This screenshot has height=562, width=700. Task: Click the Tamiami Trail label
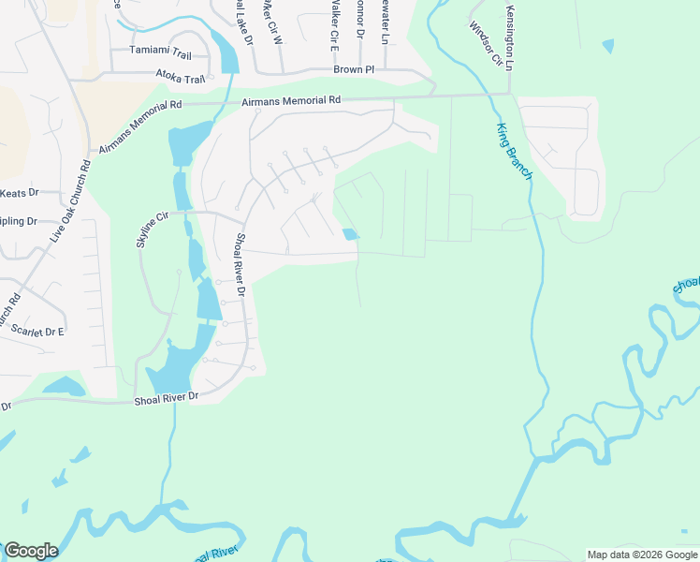click(x=160, y=55)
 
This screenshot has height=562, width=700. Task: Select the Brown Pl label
click(x=354, y=70)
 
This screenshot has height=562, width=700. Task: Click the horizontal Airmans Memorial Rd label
click(x=291, y=100)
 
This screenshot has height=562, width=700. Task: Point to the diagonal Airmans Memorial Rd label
click(x=138, y=128)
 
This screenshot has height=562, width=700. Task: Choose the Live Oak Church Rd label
click(x=71, y=200)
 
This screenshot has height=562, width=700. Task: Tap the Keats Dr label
click(x=19, y=193)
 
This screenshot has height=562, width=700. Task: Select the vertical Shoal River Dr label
click(x=240, y=267)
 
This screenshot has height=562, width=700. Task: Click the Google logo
click(x=31, y=551)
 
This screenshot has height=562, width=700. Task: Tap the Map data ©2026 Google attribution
click(x=642, y=555)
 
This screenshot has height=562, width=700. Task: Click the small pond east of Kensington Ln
click(x=608, y=45)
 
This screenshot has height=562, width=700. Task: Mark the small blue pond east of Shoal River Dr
click(x=350, y=234)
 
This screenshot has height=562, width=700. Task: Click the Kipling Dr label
click(x=19, y=222)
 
